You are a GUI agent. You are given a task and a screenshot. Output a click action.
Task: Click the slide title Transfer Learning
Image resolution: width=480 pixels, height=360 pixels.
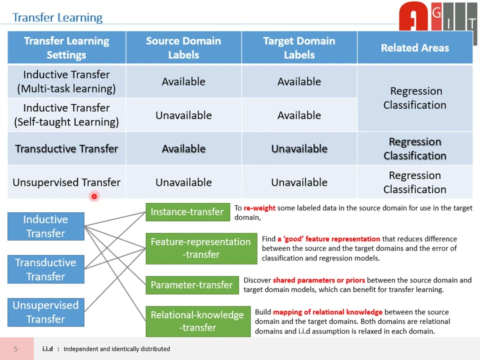click(x=57, y=17)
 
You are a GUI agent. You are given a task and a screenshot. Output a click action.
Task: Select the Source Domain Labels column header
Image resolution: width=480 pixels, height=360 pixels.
click(x=183, y=48)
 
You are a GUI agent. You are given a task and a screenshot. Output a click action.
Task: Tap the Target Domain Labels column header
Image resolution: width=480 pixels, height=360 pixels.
click(x=299, y=48)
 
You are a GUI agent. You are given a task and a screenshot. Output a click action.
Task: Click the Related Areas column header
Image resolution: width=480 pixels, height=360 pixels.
click(x=414, y=48)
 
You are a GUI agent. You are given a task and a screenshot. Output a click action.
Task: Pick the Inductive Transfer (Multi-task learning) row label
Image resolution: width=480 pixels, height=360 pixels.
click(x=66, y=81)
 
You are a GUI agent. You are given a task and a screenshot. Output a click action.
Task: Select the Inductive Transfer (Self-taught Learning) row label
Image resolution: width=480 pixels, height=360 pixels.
click(x=66, y=115)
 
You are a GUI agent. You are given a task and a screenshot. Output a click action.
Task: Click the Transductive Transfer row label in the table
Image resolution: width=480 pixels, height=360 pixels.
click(x=66, y=149)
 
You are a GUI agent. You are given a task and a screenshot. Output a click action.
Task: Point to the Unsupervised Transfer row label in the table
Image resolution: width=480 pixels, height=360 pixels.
click(x=66, y=182)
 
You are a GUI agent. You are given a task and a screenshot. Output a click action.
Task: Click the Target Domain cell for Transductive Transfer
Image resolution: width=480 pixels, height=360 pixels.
click(x=299, y=149)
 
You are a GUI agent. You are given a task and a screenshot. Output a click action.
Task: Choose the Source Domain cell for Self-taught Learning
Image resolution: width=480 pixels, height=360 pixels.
click(x=183, y=115)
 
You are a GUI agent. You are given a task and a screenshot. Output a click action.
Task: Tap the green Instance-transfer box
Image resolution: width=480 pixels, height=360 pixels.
click(x=187, y=212)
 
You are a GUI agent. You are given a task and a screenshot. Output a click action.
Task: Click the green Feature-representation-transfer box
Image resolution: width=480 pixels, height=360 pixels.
click(x=200, y=248)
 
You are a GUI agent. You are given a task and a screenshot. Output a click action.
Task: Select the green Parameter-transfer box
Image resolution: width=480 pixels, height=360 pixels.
click(x=191, y=285)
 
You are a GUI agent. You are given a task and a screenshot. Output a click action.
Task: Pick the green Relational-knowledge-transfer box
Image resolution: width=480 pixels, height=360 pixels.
click(x=197, y=321)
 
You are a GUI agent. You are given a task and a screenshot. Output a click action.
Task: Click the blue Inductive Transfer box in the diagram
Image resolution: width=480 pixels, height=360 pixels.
click(x=45, y=226)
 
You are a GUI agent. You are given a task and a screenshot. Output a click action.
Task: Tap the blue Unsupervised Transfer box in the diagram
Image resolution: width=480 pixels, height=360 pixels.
click(x=45, y=312)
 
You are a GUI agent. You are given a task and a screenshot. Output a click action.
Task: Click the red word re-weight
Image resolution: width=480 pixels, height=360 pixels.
click(x=259, y=208)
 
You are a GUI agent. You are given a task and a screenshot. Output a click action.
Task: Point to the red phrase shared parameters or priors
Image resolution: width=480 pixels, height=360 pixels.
click(x=319, y=280)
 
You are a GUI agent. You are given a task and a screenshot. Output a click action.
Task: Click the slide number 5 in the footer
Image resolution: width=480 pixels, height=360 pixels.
click(x=15, y=349)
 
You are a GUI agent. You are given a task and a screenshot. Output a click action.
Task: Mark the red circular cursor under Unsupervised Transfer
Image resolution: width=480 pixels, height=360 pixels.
click(x=93, y=196)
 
